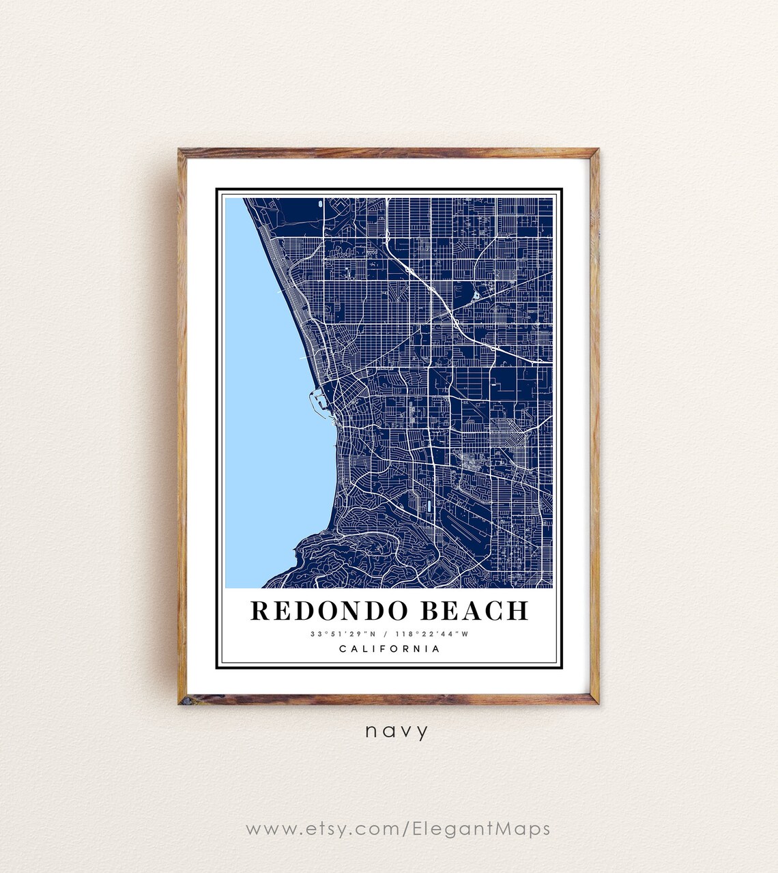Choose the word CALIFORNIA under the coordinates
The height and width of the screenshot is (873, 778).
pyautogui.click(x=390, y=649)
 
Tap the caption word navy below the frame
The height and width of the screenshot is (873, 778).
pyautogui.click(x=397, y=731)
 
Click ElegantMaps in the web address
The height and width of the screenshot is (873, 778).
pyautogui.click(x=480, y=829)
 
